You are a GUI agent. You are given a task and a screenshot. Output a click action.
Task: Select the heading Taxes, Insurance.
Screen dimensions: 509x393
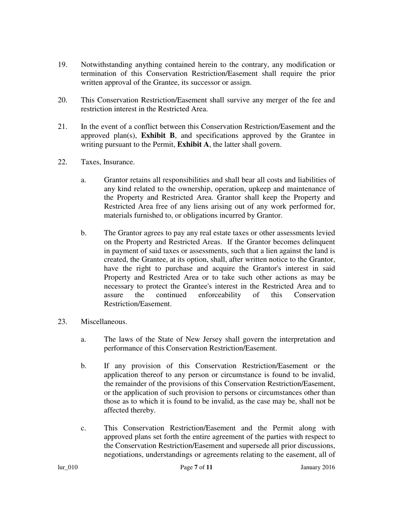(108, 162)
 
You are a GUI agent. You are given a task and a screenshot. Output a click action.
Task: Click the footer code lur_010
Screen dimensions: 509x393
(67, 468)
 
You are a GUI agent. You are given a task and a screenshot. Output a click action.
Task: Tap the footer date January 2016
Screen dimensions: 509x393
(318, 468)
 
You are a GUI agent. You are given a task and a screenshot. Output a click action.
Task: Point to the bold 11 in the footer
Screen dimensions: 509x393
(209, 468)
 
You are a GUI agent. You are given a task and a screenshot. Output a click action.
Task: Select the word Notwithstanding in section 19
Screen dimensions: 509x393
(106, 65)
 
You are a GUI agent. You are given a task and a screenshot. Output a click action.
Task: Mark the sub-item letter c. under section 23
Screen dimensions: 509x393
(84, 428)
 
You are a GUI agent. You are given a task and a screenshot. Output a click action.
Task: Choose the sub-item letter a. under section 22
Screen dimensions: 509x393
(84, 180)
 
